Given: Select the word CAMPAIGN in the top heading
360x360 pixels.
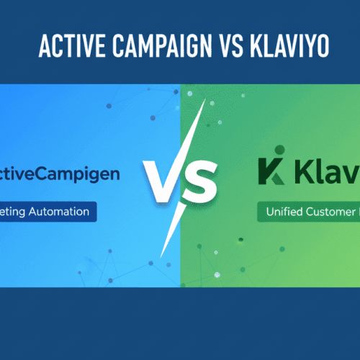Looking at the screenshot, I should (x=149, y=48).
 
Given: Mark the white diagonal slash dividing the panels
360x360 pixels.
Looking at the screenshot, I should (x=181, y=180).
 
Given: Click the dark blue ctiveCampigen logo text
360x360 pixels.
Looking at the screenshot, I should (x=60, y=174).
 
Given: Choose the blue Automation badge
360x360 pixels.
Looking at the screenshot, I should (x=48, y=212).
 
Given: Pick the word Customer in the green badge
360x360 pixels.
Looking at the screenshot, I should (x=328, y=212).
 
